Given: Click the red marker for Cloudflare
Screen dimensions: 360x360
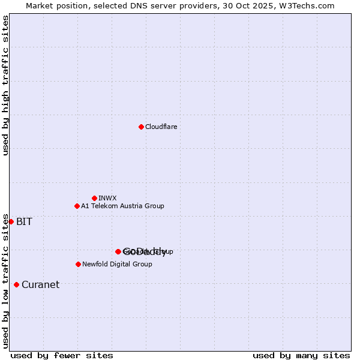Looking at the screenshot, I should pyautogui.click(x=141, y=127).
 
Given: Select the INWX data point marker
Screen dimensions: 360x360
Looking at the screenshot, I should pyautogui.click(x=94, y=198).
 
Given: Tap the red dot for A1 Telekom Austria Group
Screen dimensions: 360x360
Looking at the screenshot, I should pyautogui.click(x=77, y=206).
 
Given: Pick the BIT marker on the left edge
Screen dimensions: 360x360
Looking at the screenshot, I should pyautogui.click(x=11, y=221).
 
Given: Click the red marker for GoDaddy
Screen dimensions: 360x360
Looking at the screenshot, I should pyautogui.click(x=118, y=251).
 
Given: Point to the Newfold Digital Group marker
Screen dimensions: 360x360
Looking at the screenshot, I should pyautogui.click(x=78, y=264).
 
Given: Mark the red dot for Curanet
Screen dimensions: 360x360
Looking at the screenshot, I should pyautogui.click(x=16, y=284).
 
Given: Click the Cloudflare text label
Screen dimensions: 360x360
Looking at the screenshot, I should pyautogui.click(x=161, y=127).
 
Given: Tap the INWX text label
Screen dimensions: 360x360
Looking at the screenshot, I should pyautogui.click(x=107, y=198).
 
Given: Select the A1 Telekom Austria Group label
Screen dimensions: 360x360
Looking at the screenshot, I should pyautogui.click(x=122, y=206).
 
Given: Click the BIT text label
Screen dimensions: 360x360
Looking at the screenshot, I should pyautogui.click(x=24, y=221).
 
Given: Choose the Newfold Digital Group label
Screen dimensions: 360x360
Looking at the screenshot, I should pyautogui.click(x=117, y=264).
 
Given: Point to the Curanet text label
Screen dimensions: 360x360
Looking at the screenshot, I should pyautogui.click(x=40, y=284).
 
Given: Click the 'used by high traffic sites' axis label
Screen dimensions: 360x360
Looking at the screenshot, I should pyautogui.click(x=5, y=85).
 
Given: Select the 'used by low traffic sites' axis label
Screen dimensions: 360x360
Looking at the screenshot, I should pyautogui.click(x=5, y=281).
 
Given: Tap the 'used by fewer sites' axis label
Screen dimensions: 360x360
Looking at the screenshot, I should pyautogui.click(x=62, y=355).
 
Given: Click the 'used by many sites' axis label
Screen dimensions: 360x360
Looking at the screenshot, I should pyautogui.click(x=301, y=355).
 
